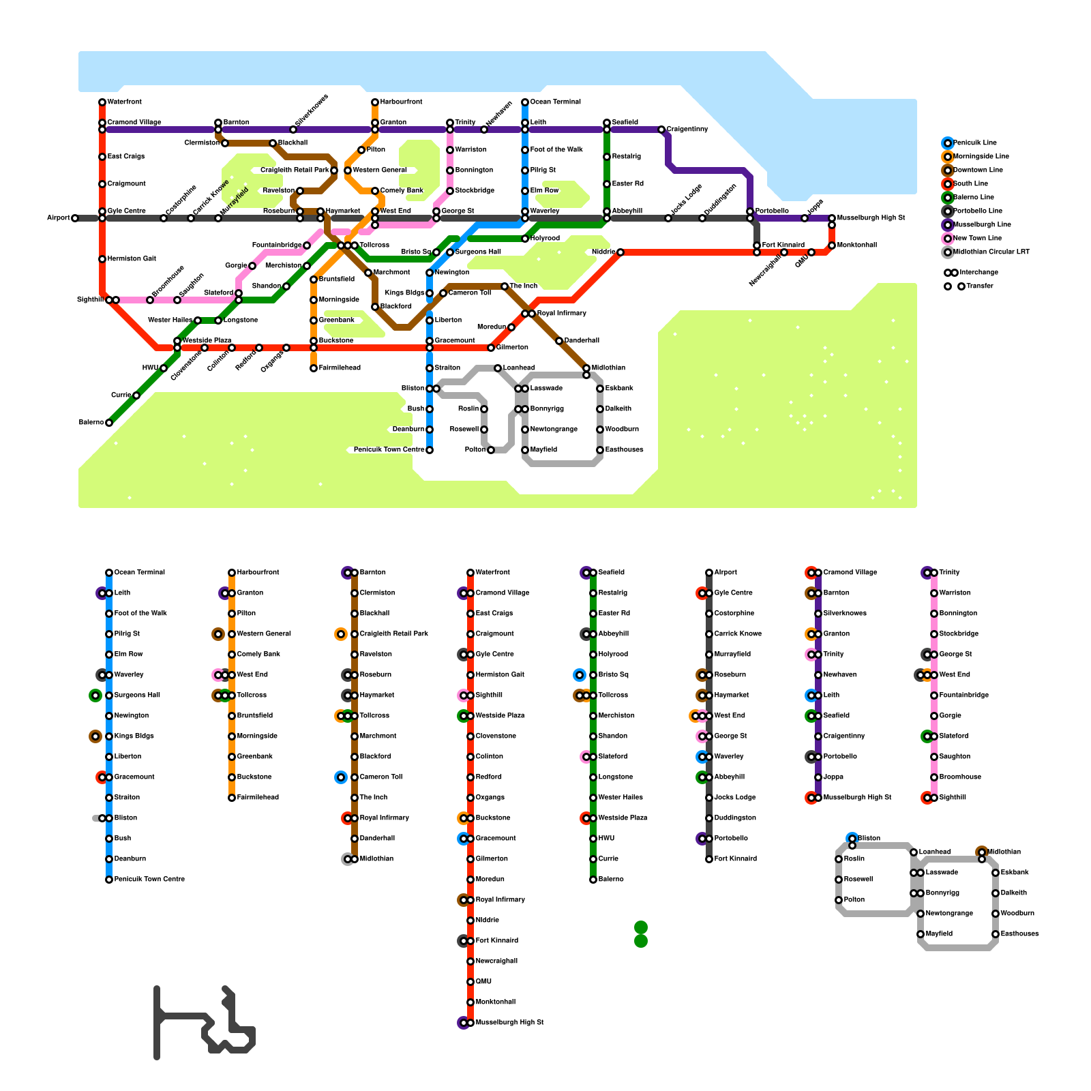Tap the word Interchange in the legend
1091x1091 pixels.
click(978, 273)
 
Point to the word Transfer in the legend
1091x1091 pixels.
click(979, 286)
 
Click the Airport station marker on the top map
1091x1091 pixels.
click(75, 218)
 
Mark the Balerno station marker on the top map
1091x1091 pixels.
click(109, 423)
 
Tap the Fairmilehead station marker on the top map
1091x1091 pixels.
click(314, 368)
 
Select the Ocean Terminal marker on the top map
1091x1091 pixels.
click(525, 102)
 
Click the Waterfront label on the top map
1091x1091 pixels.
click(125, 102)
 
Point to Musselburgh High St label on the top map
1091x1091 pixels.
click(871, 218)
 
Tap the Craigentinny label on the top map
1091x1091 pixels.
click(687, 130)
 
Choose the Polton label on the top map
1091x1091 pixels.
click(475, 450)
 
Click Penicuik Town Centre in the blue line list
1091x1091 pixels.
click(149, 880)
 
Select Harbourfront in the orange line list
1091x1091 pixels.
click(258, 573)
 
